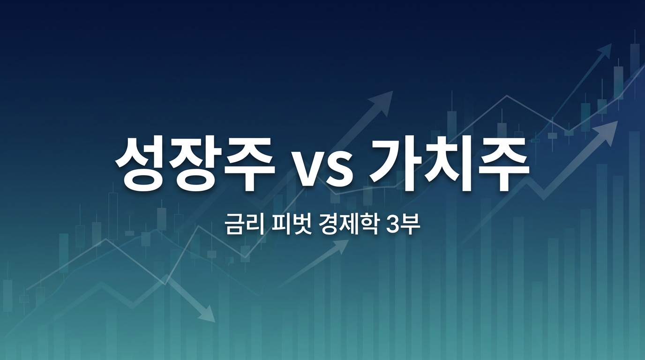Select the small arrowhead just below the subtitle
[x=342, y=246]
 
